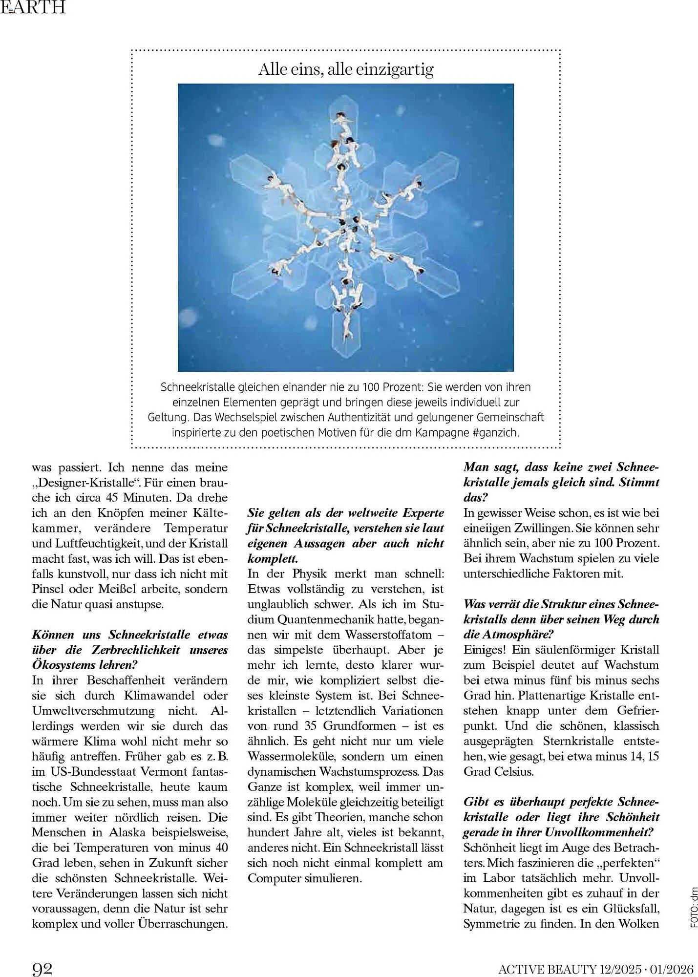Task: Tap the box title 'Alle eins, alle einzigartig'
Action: (x=346, y=69)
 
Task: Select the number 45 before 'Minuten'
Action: (x=115, y=498)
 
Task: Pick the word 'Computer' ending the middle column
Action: (x=274, y=878)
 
